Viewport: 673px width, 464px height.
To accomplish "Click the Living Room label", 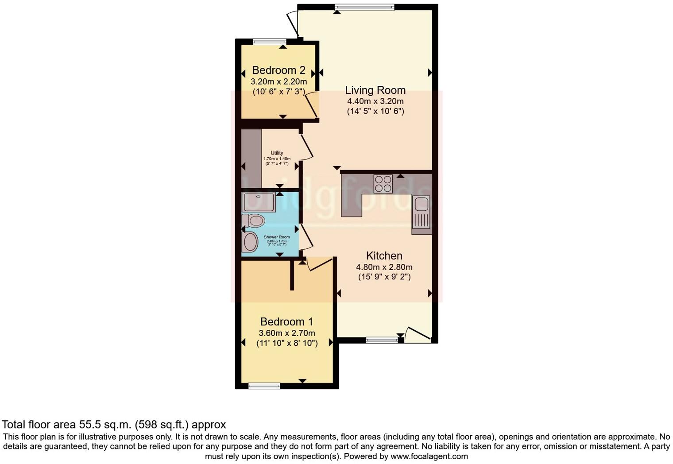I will [375, 90].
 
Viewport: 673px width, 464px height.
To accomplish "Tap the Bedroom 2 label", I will [278, 70].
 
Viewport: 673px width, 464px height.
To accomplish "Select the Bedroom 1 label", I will [286, 322].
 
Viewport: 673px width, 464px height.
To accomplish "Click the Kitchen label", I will [384, 256].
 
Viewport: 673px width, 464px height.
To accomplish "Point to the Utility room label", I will [277, 153].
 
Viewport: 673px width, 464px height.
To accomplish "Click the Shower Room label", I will [277, 237].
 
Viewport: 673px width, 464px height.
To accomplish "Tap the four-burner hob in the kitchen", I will [383, 184].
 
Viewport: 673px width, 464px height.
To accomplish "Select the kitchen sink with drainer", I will [421, 215].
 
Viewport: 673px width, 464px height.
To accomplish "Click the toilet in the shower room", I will [254, 220].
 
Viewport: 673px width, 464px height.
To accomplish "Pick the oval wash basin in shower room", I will [251, 242].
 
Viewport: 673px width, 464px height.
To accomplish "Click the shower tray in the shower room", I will [259, 202].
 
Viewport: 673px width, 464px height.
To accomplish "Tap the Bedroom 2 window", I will [270, 42].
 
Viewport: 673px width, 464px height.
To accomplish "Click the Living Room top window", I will [364, 7].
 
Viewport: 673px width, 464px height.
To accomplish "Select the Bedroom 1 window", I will [264, 386].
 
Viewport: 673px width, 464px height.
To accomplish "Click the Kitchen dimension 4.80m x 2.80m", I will [384, 267].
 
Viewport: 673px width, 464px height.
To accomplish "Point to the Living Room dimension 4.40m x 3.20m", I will [375, 101].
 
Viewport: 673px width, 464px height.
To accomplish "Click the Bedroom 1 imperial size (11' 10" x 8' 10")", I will [286, 343].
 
